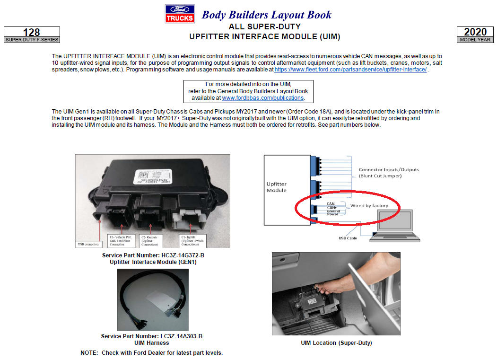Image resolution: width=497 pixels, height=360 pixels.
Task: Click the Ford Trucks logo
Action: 179,14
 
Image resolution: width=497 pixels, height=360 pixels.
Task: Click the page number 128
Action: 32,32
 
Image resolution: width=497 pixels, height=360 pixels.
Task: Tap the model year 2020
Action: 475,32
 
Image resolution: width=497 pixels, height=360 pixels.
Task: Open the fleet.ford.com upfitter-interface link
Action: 350,70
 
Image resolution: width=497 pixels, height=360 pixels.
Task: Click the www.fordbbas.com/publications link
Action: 263,98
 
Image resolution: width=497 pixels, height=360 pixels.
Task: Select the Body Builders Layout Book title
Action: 267,15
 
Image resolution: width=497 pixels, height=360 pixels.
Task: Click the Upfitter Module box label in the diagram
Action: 276,187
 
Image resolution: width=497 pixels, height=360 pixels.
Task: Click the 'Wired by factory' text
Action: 369,206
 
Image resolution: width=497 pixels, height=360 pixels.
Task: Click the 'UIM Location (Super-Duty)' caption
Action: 336,343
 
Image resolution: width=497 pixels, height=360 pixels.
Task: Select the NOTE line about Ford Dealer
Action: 151,353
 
